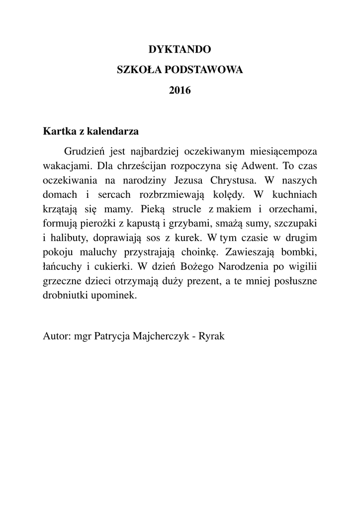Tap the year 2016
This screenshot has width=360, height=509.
180,91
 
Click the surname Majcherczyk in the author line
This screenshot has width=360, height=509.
162,337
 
